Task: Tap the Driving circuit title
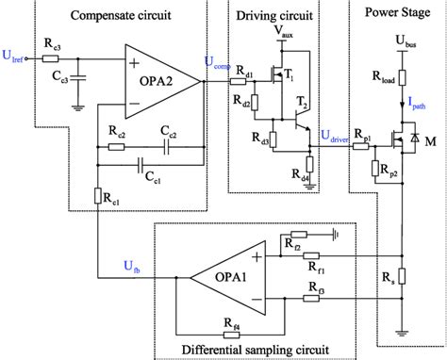(280, 17)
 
